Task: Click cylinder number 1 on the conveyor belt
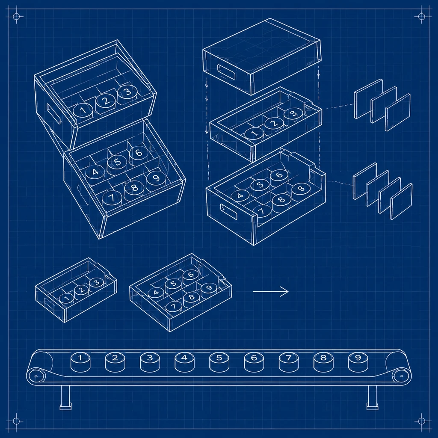(80, 362)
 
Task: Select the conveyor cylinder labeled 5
(219, 362)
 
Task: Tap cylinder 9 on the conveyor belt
(358, 362)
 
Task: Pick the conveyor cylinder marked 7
(289, 362)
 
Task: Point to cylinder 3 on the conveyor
(150, 362)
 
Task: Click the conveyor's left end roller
(36, 376)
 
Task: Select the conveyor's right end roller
(401, 376)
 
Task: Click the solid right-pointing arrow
(270, 292)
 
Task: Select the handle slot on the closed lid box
(226, 72)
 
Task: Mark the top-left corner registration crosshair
(16, 17)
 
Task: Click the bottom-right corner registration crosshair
(421, 421)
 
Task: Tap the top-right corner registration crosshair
(421, 17)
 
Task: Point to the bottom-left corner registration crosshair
(16, 421)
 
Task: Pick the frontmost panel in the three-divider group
(398, 112)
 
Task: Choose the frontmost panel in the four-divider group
(401, 201)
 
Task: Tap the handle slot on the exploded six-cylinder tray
(229, 211)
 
